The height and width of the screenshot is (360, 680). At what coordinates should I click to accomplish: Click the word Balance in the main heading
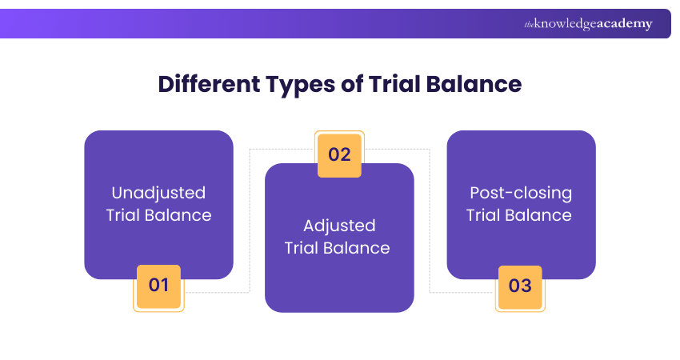click(478, 84)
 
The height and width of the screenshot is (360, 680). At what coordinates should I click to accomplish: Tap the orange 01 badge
click(158, 285)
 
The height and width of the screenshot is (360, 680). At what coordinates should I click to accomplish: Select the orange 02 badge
click(340, 154)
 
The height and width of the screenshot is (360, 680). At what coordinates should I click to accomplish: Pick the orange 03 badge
click(520, 286)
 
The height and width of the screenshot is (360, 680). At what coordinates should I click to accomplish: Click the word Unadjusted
click(158, 193)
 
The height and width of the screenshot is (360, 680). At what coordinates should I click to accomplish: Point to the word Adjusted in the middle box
click(339, 226)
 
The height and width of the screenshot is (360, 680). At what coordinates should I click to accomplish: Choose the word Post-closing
click(521, 193)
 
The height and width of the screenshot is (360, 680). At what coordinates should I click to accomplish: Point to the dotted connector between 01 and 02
click(250, 220)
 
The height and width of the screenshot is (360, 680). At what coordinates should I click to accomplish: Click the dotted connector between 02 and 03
click(430, 220)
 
